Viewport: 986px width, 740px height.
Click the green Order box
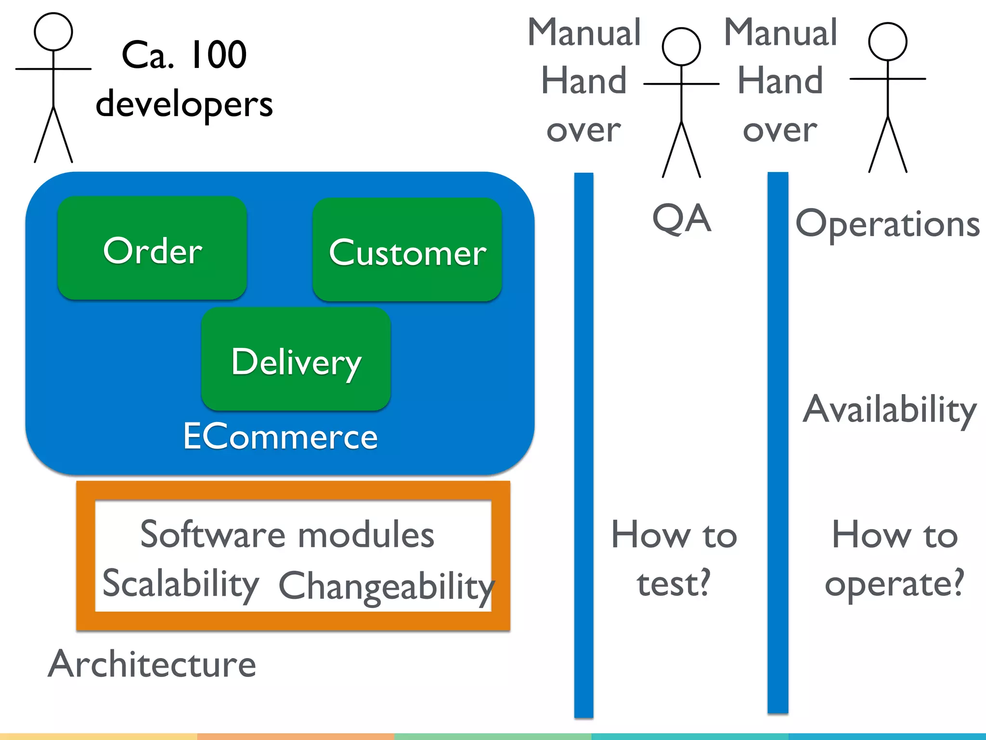(152, 249)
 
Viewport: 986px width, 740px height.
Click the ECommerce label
(280, 436)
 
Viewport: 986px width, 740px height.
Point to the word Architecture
(152, 664)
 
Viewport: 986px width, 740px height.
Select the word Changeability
(386, 586)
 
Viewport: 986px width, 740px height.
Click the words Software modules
(287, 535)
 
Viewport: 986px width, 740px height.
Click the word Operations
(887, 225)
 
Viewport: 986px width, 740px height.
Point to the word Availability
(889, 410)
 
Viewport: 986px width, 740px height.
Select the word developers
(184, 104)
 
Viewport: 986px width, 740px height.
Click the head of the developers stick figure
(53, 32)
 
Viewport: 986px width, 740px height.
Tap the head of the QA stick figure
(681, 47)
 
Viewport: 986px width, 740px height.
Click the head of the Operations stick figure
(887, 42)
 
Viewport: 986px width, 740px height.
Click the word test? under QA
(674, 583)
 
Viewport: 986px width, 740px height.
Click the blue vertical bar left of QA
(584, 443)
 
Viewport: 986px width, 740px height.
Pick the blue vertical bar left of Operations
(778, 443)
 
